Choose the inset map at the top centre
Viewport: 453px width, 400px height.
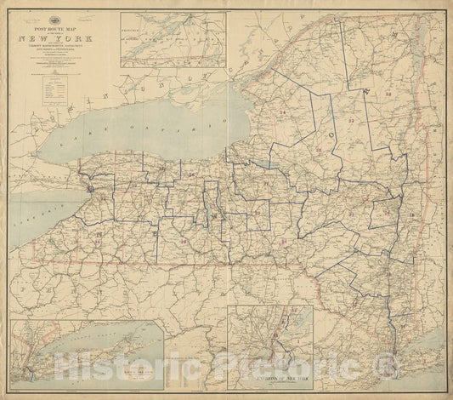coord(173,39)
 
